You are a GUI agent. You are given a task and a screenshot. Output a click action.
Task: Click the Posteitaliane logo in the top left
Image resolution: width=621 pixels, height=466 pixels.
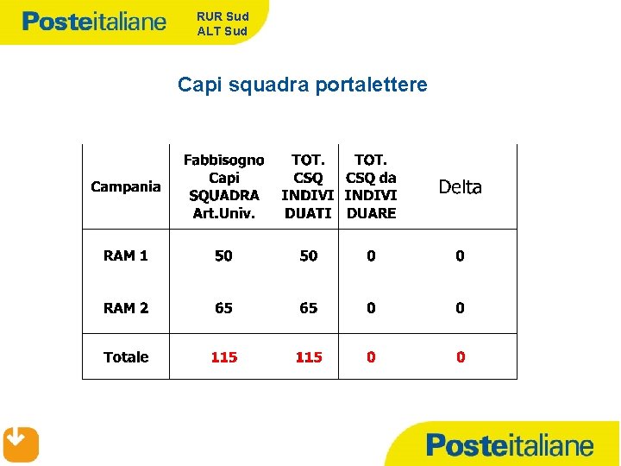pyautogui.click(x=94, y=22)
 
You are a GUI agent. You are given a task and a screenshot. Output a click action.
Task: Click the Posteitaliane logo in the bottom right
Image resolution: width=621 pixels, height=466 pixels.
pyautogui.click(x=510, y=445)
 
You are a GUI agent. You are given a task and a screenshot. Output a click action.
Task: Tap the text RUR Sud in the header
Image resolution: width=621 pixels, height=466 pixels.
pyautogui.click(x=223, y=16)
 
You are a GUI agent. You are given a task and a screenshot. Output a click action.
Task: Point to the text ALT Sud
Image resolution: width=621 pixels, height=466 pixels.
pyautogui.click(x=223, y=31)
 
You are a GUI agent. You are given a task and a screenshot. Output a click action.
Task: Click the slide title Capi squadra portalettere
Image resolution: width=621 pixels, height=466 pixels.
pyautogui.click(x=302, y=85)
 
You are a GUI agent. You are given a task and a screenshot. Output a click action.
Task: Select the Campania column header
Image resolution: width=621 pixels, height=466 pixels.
pyautogui.click(x=126, y=186)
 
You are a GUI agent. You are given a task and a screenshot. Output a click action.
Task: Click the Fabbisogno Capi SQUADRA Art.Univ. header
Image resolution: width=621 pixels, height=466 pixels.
pyautogui.click(x=223, y=186)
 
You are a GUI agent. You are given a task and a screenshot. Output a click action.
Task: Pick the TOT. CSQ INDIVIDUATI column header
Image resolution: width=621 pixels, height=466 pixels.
pyautogui.click(x=309, y=186)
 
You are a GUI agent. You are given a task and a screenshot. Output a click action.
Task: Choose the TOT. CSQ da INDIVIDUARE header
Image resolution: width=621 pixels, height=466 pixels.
pyautogui.click(x=371, y=186)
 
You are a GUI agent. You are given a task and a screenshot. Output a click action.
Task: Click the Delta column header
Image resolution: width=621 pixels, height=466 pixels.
pyautogui.click(x=460, y=187)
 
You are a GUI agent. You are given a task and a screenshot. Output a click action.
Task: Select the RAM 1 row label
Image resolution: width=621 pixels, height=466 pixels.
pyautogui.click(x=126, y=255)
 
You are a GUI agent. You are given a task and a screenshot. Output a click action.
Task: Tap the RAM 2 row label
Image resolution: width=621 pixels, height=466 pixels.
pyautogui.click(x=126, y=308)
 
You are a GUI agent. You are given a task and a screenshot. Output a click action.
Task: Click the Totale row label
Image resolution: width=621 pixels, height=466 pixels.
pyautogui.click(x=126, y=357)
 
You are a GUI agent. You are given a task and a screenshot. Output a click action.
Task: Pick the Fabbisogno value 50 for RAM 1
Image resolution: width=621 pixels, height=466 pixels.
pyautogui.click(x=223, y=255)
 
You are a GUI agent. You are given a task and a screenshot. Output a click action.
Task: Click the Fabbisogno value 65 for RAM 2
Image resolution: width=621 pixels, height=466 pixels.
pyautogui.click(x=223, y=308)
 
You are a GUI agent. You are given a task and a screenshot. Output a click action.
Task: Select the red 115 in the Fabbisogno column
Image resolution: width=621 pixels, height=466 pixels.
pyautogui.click(x=223, y=357)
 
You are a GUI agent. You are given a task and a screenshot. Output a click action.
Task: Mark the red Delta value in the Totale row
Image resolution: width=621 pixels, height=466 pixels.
pyautogui.click(x=461, y=357)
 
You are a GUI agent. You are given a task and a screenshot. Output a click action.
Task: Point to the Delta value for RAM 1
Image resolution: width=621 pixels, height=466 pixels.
pyautogui.click(x=461, y=255)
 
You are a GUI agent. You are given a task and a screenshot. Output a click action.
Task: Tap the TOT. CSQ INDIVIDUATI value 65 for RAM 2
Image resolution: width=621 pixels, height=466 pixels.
pyautogui.click(x=309, y=308)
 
